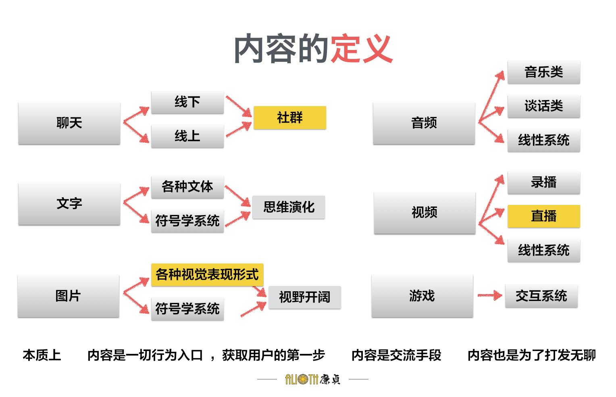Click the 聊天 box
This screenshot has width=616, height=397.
tap(69, 123)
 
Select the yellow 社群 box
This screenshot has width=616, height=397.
tap(289, 118)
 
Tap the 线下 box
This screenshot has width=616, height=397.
tap(187, 102)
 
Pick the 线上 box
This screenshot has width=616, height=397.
tap(187, 136)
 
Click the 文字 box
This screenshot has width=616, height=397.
tap(69, 204)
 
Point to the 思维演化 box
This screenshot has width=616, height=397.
tap(289, 207)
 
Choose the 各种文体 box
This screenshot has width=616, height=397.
tap(187, 187)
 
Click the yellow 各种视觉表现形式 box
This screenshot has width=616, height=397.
tap(207, 275)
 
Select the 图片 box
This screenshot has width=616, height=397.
tap(68, 296)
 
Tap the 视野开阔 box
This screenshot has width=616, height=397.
tap(304, 297)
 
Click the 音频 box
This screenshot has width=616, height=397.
tap(424, 123)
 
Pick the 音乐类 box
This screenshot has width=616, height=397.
tap(543, 73)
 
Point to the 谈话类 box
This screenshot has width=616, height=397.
tap(543, 107)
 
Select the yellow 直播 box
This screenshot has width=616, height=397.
tap(543, 216)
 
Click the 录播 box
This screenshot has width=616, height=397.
tap(543, 182)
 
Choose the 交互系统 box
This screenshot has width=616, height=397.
tap(541, 296)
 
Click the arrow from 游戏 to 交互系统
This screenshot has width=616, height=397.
tap(489, 296)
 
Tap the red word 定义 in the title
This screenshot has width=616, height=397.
tap(361, 49)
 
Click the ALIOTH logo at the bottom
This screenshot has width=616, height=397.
tap(313, 379)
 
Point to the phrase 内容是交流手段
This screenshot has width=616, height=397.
tap(396, 355)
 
